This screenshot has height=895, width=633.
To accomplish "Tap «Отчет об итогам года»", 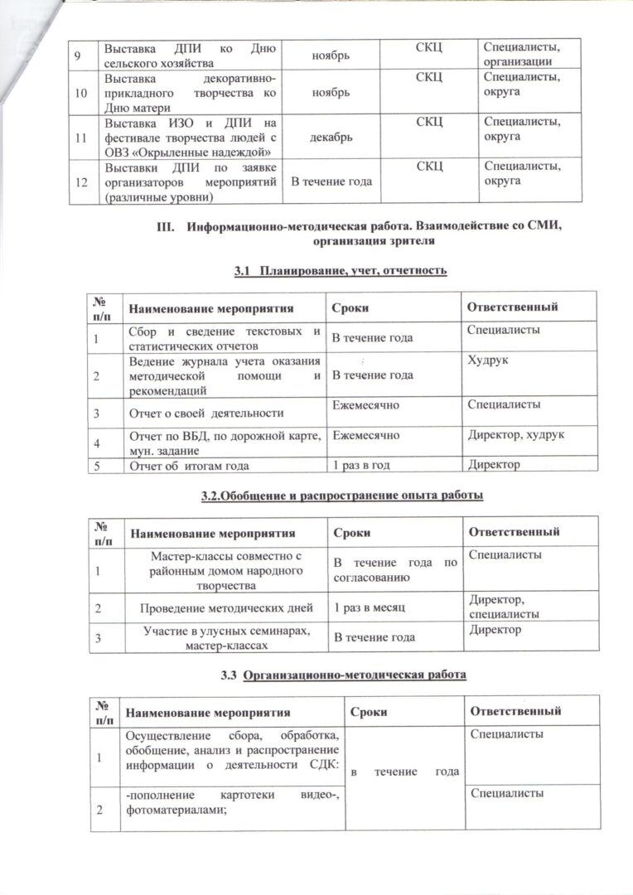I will click(189, 464).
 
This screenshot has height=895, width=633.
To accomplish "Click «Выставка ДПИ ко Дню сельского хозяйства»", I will click(189, 55).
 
